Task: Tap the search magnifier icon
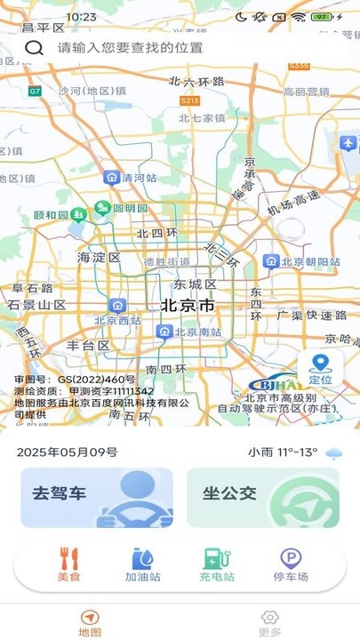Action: point(34,48)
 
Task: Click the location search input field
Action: point(178,48)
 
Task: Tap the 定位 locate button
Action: point(321,367)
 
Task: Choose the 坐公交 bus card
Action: point(263,498)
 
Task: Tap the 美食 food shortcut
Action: point(69,565)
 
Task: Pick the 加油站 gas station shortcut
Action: point(142,565)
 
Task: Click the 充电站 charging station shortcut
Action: point(217,565)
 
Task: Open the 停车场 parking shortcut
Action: point(291,565)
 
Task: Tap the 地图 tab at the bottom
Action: point(90,621)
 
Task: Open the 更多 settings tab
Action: point(269,621)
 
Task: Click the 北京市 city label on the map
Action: point(187,306)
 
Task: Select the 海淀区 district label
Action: point(98,258)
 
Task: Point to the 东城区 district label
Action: point(195,285)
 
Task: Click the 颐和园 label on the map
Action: point(51,215)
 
